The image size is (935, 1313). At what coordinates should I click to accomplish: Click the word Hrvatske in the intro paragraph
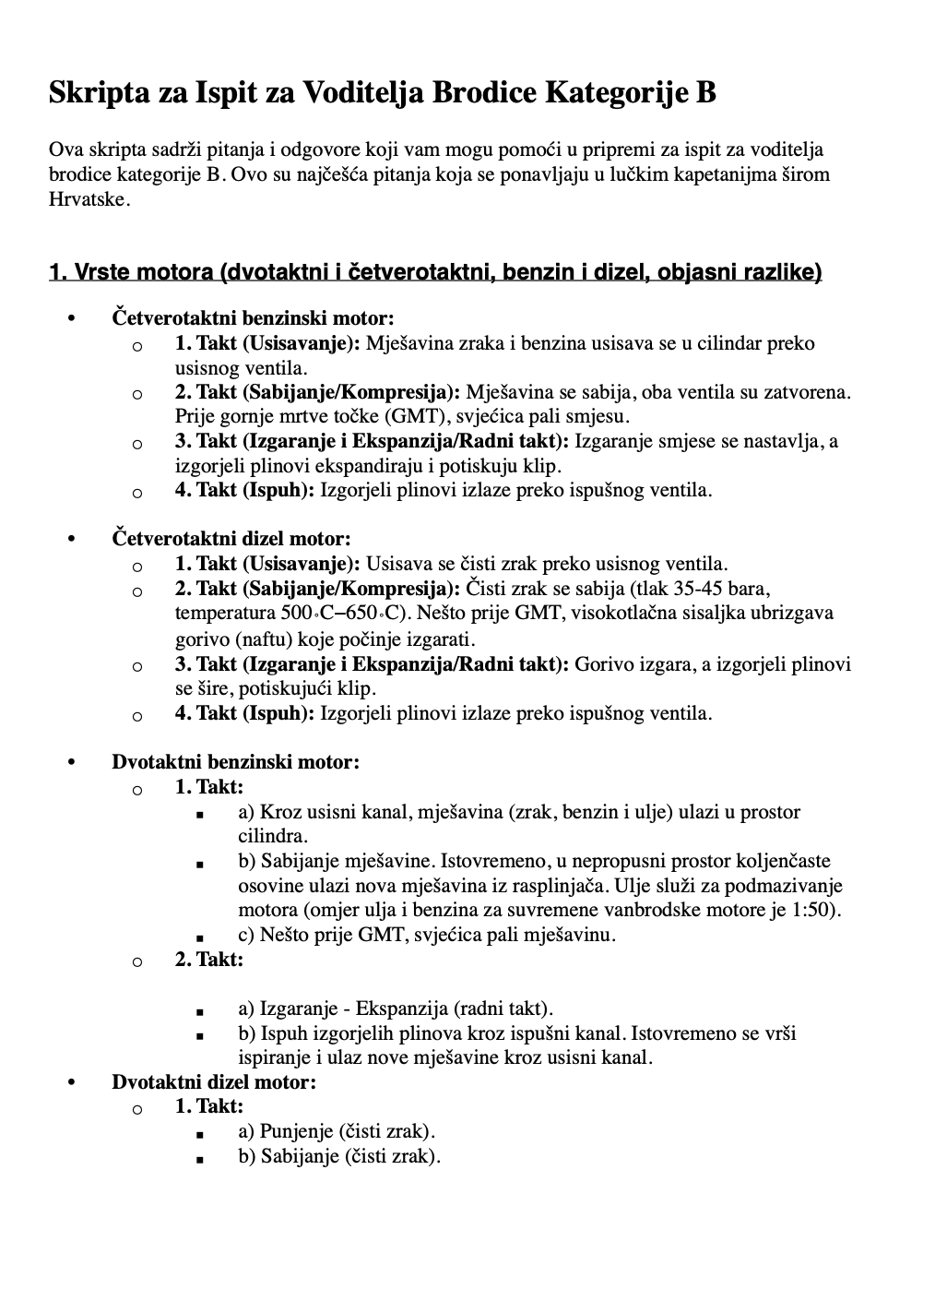pos(86,198)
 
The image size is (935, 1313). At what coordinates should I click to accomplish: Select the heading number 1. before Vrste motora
pos(58,272)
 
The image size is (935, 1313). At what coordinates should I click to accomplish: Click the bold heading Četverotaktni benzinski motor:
pos(253,318)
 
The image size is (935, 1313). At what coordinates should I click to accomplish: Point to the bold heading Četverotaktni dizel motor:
pos(231,538)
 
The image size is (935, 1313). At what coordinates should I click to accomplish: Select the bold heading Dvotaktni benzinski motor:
pos(235,762)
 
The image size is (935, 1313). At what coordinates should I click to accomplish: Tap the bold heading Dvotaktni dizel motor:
pos(213,1081)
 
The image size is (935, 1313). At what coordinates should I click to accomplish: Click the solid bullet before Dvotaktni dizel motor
pos(71,1082)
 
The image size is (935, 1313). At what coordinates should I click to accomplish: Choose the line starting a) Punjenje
pos(337,1131)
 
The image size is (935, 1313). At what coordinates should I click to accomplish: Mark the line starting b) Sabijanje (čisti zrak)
pos(339,1156)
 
